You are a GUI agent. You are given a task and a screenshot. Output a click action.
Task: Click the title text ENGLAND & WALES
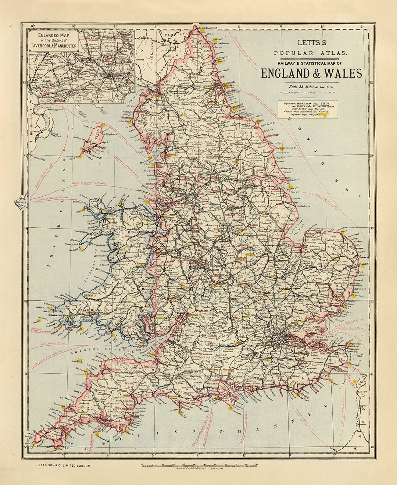tap(311, 74)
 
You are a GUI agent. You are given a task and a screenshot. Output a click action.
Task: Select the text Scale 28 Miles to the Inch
tap(312, 87)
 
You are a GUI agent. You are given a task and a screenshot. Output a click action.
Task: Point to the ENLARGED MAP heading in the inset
tap(54, 35)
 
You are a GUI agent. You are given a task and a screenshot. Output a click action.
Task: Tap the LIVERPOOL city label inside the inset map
tap(41, 90)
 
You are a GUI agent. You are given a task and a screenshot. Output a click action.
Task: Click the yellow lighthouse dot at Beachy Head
tap(297, 396)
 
